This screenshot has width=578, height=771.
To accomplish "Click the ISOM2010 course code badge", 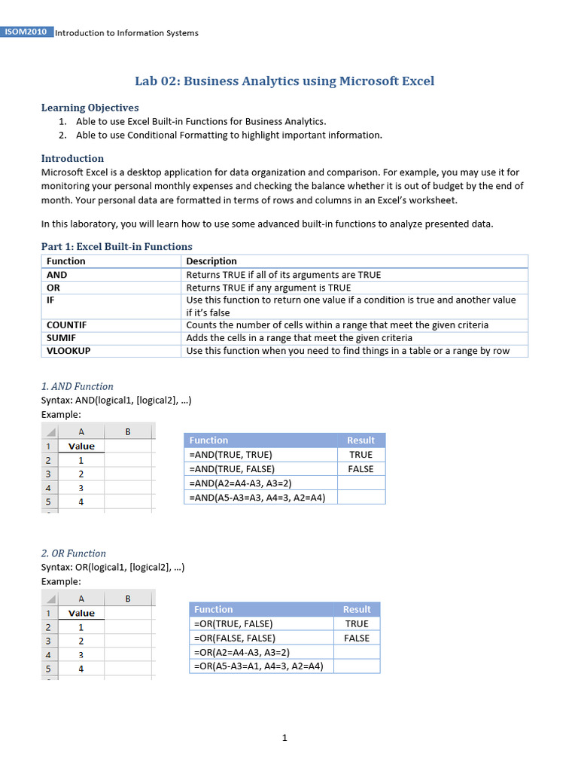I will click(26, 32).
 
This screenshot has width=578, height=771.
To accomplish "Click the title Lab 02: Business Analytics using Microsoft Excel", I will click(284, 81).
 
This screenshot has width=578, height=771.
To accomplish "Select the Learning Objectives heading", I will click(90, 108).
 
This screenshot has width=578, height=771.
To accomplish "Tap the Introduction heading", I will click(72, 158).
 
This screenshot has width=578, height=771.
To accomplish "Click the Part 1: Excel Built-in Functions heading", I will click(116, 246).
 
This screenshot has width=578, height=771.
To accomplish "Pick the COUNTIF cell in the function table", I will click(67, 325).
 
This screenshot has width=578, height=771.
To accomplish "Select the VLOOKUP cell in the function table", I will click(68, 351).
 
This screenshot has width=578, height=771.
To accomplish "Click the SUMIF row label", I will click(62, 338).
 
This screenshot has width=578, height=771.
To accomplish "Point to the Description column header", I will click(211, 261).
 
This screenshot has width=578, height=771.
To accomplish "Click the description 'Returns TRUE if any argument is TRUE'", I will click(268, 288).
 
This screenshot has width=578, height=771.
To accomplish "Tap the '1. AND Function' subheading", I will click(77, 386).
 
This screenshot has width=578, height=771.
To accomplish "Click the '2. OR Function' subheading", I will click(73, 553).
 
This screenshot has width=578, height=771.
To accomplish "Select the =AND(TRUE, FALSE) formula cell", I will click(232, 469).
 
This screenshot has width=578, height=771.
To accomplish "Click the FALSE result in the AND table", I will click(360, 469).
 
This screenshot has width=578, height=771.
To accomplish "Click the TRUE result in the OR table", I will click(357, 624).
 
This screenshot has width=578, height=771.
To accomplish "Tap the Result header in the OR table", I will click(357, 610).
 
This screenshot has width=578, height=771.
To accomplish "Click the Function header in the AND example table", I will click(208, 440).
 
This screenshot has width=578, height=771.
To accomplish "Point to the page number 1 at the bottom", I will click(284, 738).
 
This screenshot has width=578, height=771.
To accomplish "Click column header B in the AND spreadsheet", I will click(127, 431).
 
